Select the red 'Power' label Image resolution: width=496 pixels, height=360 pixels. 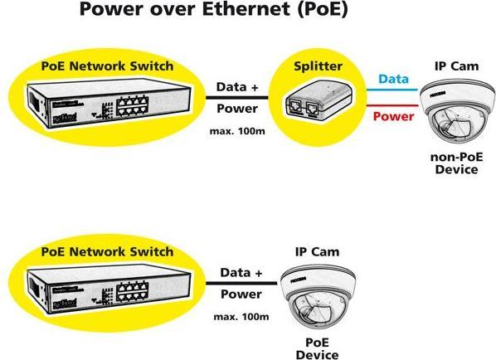pos(393,117)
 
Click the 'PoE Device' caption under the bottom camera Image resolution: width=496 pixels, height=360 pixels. pos(317,348)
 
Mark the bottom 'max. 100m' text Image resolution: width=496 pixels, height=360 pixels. pos(241,317)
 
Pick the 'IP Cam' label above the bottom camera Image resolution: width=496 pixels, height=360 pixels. pos(317,251)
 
